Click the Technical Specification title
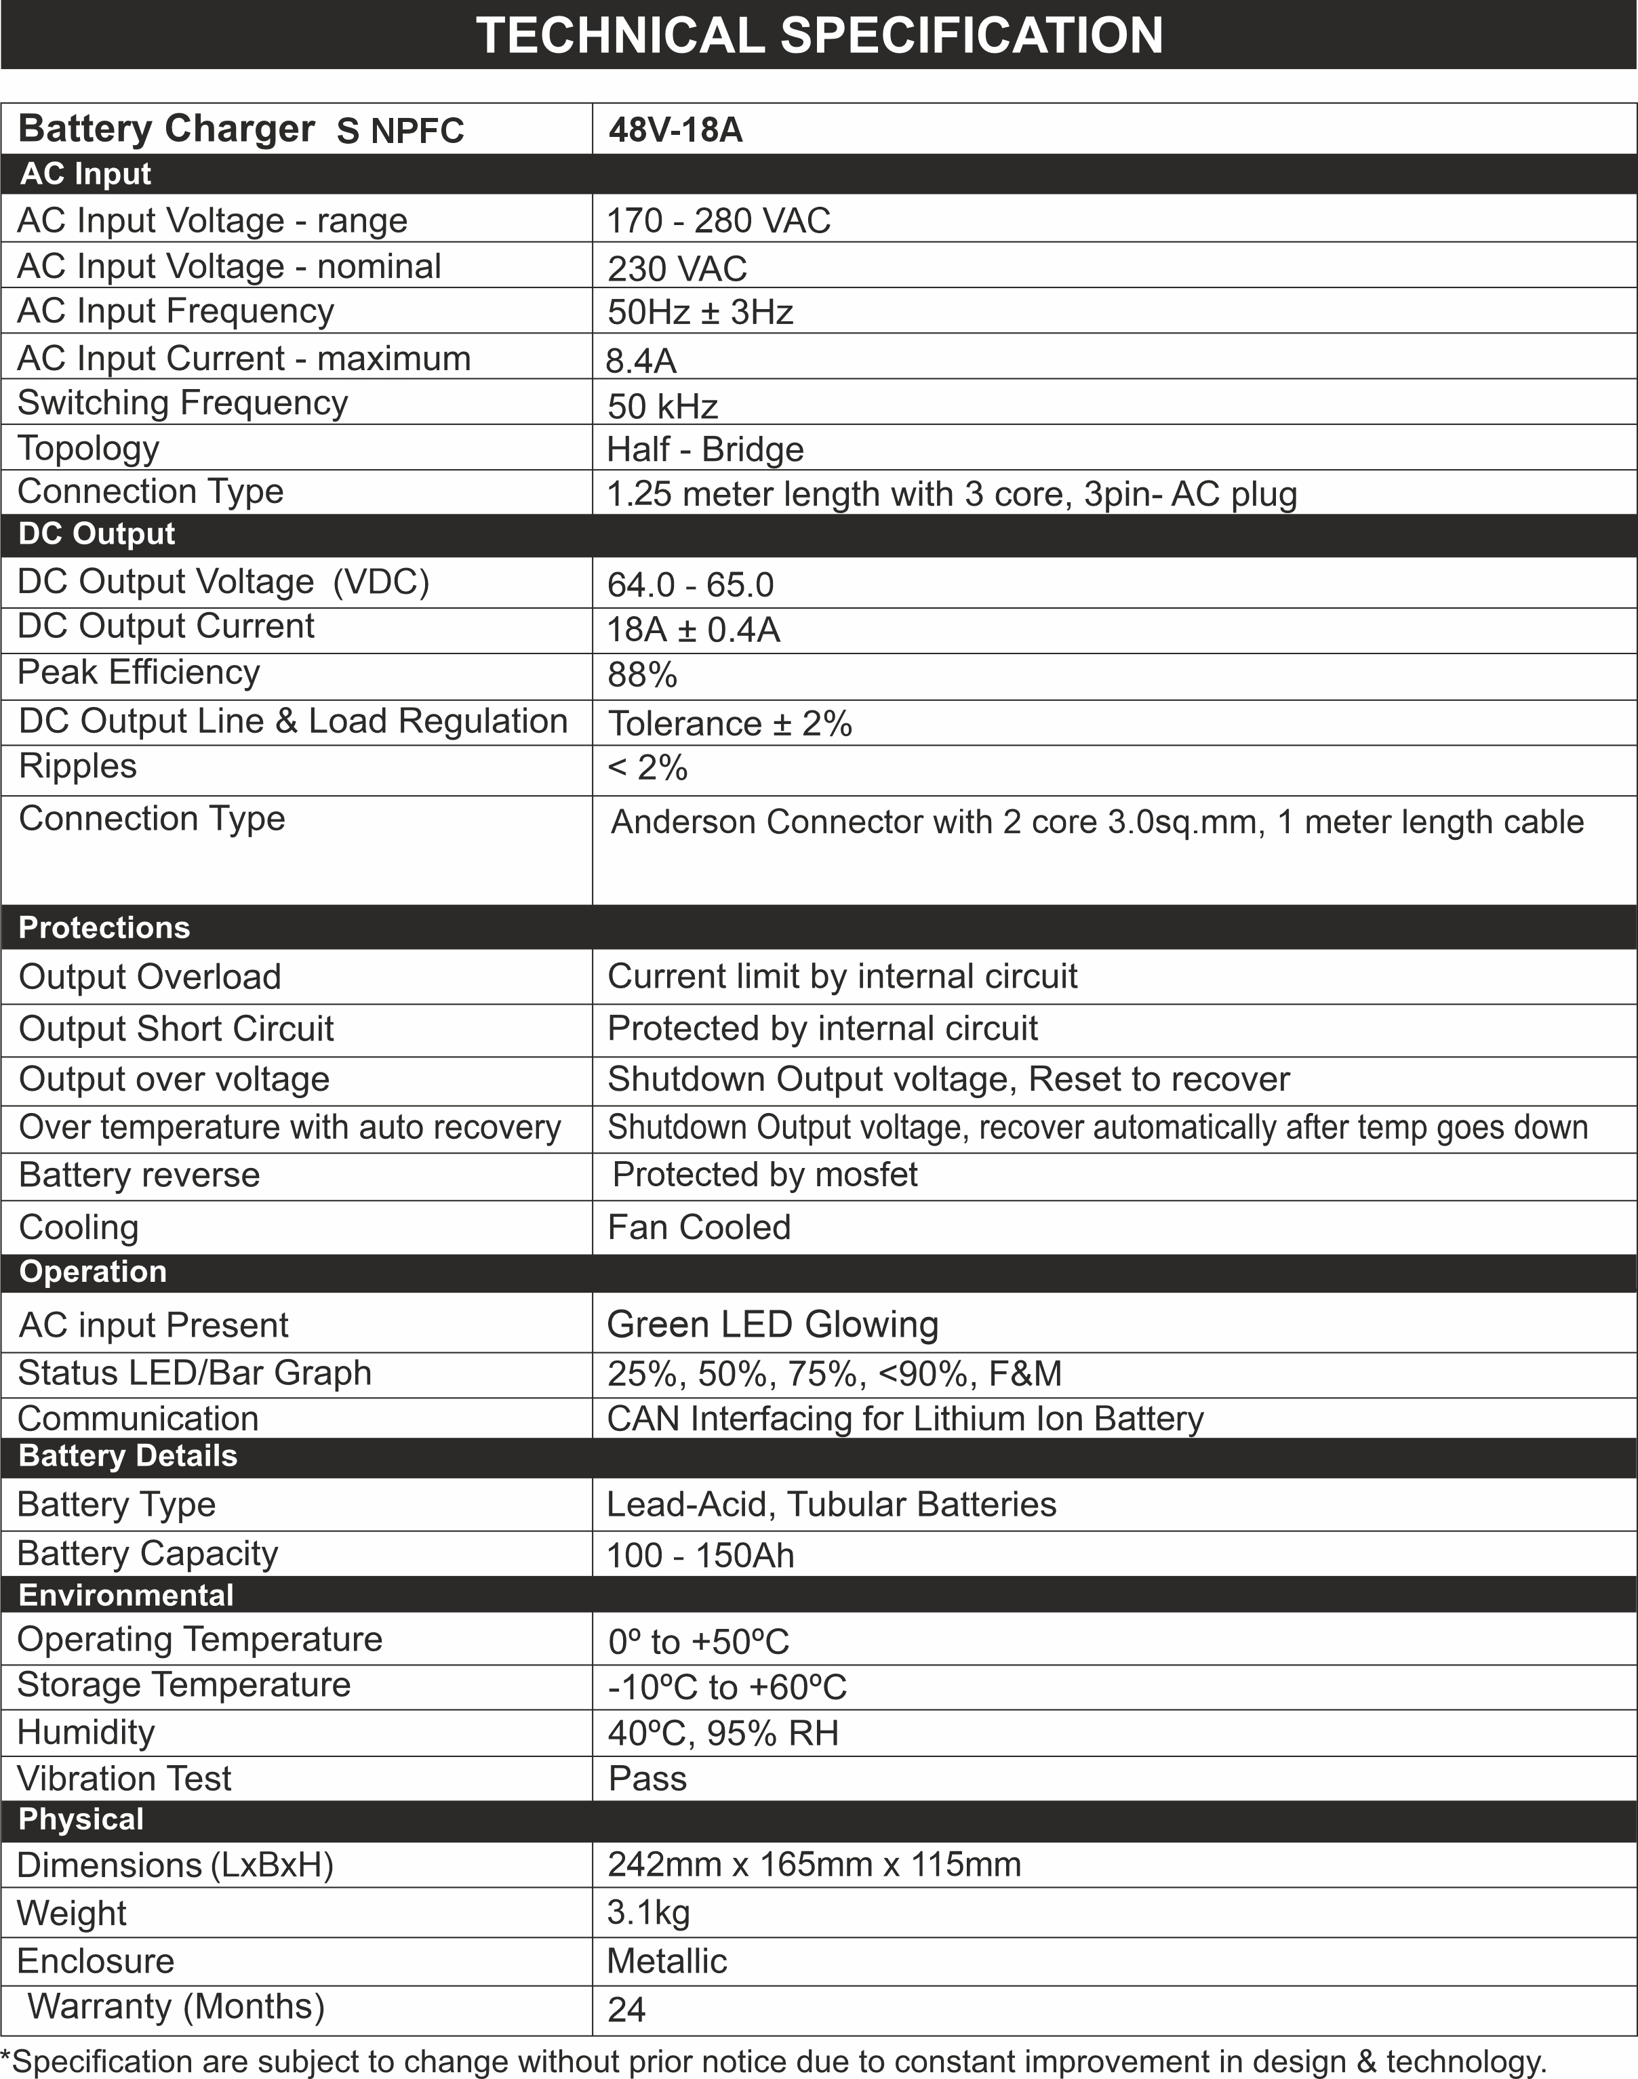pos(819,35)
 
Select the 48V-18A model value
pos(675,129)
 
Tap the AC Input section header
pos(86,174)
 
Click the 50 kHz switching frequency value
pos(662,407)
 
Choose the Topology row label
pos(88,448)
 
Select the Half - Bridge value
pos(705,449)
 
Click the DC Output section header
pos(97,534)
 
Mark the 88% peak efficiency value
pos(643,675)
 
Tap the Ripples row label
pos(78,766)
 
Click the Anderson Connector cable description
pos(1097,822)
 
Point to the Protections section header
pos(104,927)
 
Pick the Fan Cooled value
pos(699,1228)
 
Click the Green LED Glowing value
pos(773,1325)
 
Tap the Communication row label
pos(138,1418)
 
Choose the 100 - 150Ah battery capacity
pos(700,1554)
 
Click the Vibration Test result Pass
pos(647,1779)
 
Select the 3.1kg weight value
pos(648,1912)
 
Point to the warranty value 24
pos(626,2009)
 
